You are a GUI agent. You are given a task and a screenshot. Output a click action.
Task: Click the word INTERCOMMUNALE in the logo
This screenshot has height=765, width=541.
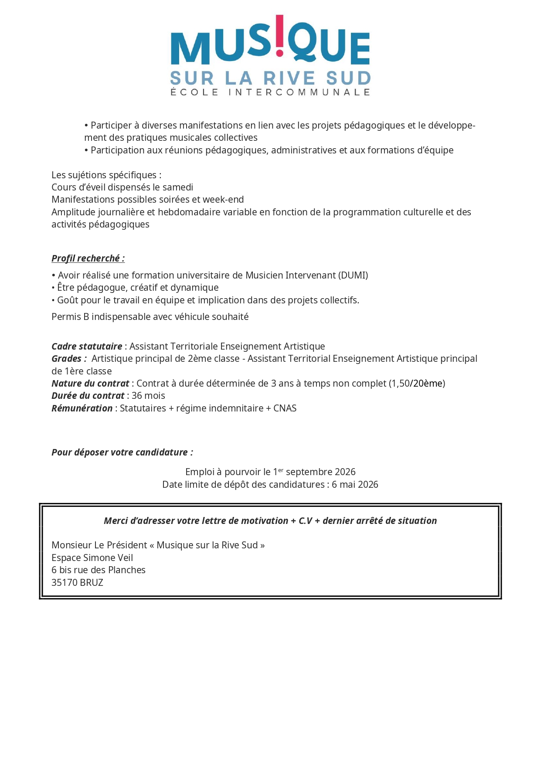[x=299, y=92]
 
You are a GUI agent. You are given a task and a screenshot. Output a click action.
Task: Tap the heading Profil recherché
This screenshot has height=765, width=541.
[x=88, y=258]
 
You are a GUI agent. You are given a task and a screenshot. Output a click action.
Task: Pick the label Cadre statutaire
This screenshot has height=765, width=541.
[x=87, y=347]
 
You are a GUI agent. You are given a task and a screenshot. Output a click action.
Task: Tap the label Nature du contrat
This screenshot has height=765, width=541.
[x=90, y=384]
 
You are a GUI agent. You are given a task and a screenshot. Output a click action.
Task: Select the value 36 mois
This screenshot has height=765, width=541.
[x=148, y=396]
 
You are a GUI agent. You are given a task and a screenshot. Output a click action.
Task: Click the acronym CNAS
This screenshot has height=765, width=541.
[x=285, y=408]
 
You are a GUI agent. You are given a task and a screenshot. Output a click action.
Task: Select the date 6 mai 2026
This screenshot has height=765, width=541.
[x=355, y=485]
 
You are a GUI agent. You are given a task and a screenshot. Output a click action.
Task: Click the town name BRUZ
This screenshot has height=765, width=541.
[x=92, y=583]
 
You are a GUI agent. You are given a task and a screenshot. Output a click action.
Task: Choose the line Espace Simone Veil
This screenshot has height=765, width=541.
[x=92, y=558]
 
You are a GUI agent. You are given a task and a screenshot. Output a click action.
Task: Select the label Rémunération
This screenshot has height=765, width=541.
[x=82, y=408]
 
